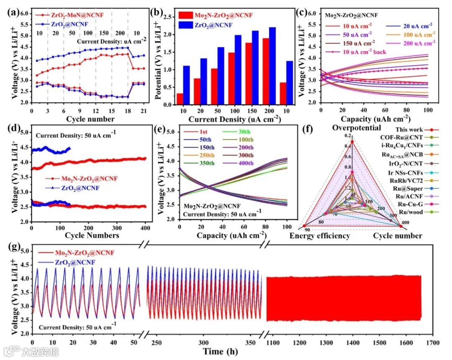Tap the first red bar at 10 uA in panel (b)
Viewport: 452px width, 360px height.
[x=180, y=98]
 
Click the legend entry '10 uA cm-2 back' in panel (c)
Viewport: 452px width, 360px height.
[x=359, y=52]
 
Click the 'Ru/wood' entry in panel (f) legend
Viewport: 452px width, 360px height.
[x=414, y=212]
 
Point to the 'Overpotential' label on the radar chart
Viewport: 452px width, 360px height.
[x=352, y=128]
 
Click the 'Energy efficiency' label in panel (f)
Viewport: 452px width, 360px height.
[x=320, y=236]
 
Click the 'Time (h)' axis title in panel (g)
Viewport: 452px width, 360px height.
[x=221, y=352]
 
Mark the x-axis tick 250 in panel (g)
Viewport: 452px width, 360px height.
[x=156, y=342]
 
